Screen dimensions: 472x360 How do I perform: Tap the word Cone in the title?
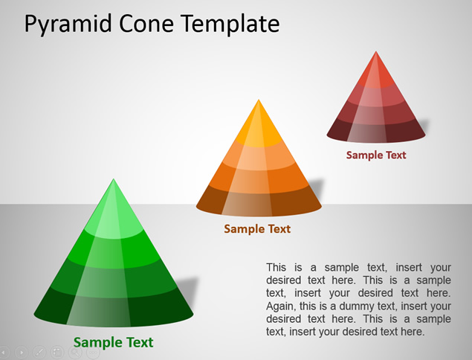(x=146, y=24)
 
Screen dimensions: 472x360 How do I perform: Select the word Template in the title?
(x=230, y=25)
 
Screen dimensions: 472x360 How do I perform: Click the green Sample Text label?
(x=113, y=343)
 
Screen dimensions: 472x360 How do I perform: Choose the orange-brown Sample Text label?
(x=257, y=229)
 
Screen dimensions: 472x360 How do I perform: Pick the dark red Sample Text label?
(x=376, y=155)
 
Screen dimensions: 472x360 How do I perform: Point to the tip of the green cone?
(x=114, y=179)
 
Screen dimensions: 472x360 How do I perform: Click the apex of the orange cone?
(x=259, y=100)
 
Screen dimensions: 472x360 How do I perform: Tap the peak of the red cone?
(x=375, y=51)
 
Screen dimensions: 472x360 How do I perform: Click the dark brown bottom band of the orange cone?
(x=259, y=202)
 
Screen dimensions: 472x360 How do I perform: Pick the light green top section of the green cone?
(x=114, y=217)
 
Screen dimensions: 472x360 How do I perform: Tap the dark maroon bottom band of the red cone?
(x=376, y=131)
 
